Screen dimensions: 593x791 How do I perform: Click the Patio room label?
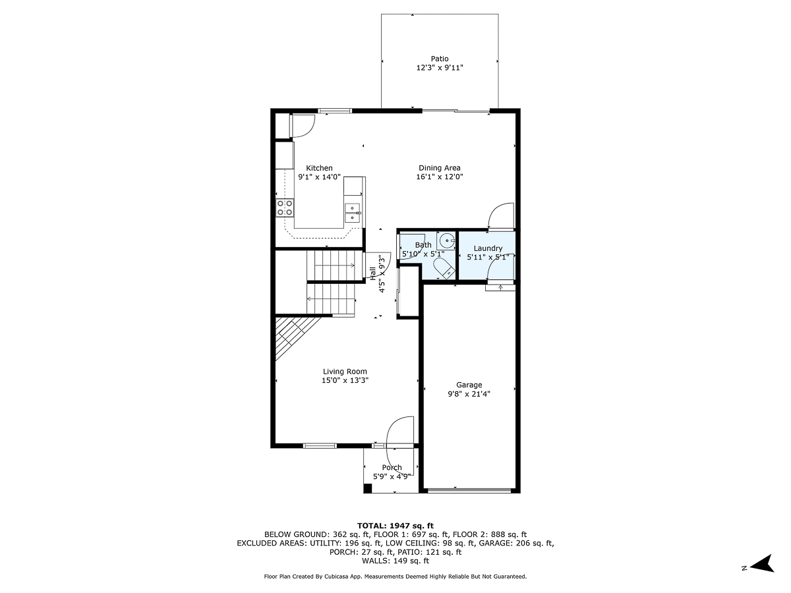tap(440, 59)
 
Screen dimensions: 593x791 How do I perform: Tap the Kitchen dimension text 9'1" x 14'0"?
tap(319, 177)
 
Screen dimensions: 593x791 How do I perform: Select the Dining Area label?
tap(439, 168)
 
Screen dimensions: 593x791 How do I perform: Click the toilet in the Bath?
tap(443, 268)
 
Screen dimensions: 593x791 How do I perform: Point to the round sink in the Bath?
tap(446, 239)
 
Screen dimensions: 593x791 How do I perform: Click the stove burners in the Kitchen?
tap(285, 208)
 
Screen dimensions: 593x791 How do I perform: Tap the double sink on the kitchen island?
tap(353, 213)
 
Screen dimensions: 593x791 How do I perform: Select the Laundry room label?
tap(488, 248)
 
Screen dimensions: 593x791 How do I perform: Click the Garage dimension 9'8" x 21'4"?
tap(469, 394)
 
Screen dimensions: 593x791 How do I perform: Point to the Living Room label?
tap(345, 372)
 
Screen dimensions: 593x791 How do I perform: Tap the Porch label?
tap(392, 468)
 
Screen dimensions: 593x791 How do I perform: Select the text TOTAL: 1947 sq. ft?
tap(395, 525)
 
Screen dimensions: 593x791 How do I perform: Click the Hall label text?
tap(373, 271)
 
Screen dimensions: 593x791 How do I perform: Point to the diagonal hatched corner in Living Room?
tap(290, 334)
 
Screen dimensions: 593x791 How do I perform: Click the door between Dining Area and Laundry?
tap(500, 216)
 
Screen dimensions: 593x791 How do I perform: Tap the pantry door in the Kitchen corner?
tap(301, 125)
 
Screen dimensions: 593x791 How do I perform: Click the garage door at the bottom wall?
tap(469, 490)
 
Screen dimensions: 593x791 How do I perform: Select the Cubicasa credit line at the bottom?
tap(395, 577)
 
